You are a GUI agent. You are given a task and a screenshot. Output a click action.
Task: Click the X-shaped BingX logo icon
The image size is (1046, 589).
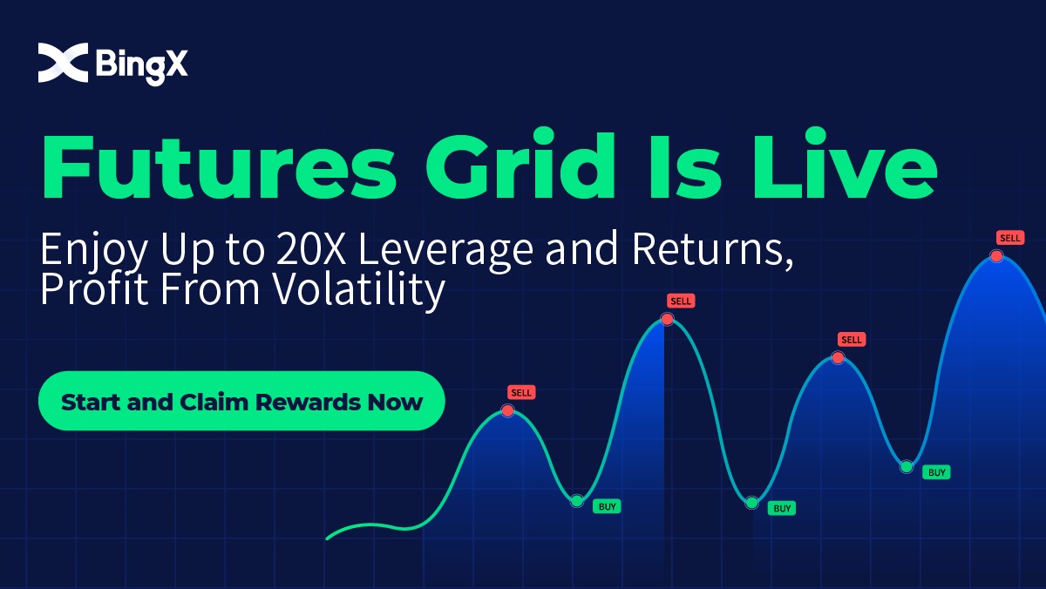click(63, 63)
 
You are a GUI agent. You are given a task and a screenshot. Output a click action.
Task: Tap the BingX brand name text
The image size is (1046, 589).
click(142, 66)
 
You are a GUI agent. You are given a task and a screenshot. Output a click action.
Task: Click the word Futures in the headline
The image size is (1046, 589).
click(220, 166)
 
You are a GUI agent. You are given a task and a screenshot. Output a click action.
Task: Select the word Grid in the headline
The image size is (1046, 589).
click(520, 163)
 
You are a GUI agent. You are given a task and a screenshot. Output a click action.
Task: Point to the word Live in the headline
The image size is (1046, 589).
click(845, 163)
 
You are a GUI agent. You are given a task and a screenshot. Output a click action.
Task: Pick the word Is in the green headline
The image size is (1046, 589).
click(685, 166)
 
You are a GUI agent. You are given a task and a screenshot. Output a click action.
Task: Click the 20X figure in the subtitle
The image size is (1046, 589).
click(311, 249)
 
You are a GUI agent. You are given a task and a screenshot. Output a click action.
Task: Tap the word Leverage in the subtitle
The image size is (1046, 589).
click(445, 251)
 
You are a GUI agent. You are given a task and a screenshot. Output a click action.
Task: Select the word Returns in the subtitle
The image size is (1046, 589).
click(708, 250)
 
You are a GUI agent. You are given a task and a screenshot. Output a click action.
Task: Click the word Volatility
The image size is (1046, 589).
click(358, 290)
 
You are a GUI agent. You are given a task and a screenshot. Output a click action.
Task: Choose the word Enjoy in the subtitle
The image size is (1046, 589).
click(94, 252)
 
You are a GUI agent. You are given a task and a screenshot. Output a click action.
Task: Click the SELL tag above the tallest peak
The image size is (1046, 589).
click(1010, 238)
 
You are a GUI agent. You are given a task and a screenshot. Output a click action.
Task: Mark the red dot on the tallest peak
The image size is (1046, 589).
click(996, 256)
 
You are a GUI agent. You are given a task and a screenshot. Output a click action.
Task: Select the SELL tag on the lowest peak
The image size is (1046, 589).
click(521, 392)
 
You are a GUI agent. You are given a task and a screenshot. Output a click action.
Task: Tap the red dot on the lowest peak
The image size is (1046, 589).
click(507, 410)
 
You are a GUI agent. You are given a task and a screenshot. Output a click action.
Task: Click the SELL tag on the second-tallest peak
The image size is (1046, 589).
click(681, 301)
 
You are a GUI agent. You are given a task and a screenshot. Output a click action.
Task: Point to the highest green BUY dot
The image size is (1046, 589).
click(907, 466)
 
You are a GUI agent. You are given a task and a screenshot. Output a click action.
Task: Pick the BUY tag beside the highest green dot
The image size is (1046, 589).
click(936, 472)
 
